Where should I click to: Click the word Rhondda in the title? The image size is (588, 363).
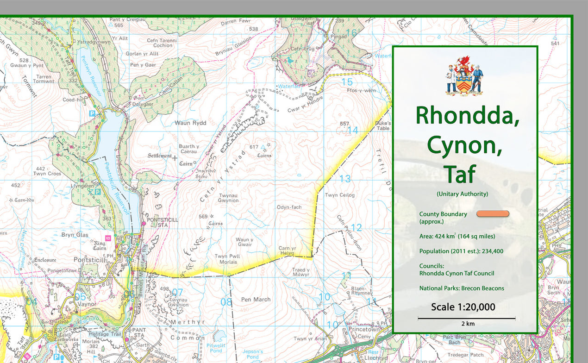(x=467, y=116)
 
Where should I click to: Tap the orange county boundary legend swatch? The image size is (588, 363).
(x=493, y=213)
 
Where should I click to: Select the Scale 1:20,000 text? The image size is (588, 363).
(x=463, y=307)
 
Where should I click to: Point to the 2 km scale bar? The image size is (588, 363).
(x=466, y=319)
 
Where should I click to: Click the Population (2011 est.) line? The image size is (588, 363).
(x=461, y=251)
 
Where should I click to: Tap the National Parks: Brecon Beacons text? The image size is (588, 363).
(x=462, y=288)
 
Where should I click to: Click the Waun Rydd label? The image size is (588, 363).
(x=190, y=123)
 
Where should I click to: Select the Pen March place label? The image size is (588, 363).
(x=256, y=300)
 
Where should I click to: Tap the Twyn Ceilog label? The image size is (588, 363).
(x=340, y=195)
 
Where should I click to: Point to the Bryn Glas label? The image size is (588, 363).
(x=75, y=235)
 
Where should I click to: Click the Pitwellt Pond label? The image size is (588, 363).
(x=216, y=348)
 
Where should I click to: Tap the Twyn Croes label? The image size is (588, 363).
(x=47, y=171)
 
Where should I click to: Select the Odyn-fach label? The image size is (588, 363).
(x=289, y=207)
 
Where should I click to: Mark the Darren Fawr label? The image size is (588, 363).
(x=236, y=22)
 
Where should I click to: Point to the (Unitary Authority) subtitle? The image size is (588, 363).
(x=462, y=194)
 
